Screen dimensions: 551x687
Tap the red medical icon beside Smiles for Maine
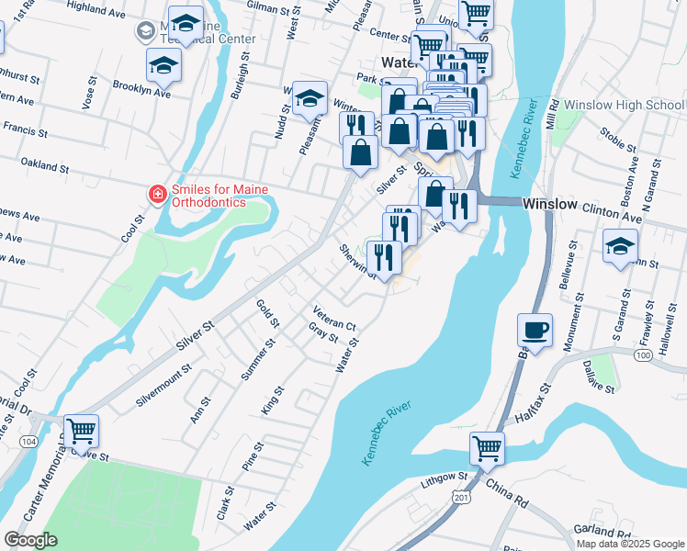click(157, 195)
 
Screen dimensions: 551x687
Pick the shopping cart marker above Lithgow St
click(487, 448)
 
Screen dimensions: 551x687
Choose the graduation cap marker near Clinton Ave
click(620, 246)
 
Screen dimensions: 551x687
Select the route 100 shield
click(642, 354)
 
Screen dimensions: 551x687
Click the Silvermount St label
click(163, 383)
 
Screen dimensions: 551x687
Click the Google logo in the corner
click(31, 539)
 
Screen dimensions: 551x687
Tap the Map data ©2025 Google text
click(630, 544)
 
